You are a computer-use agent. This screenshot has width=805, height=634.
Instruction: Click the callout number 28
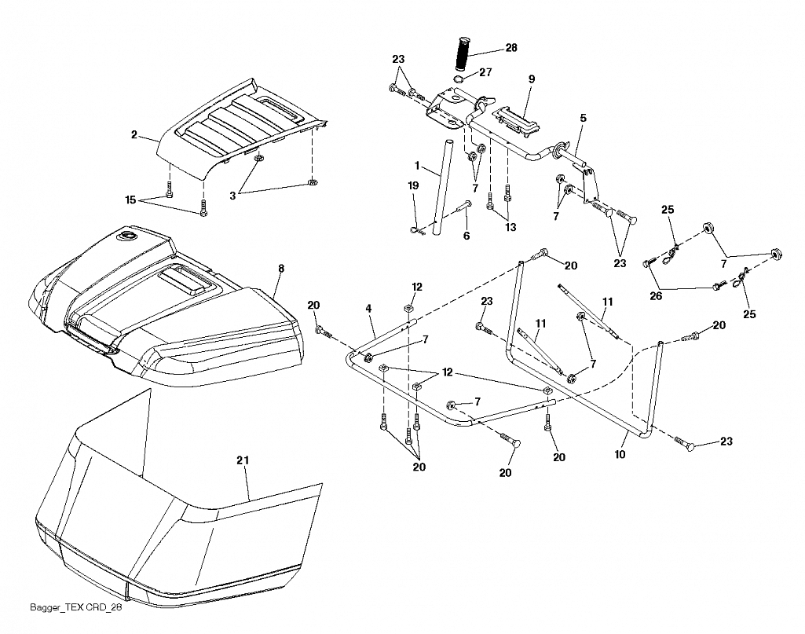pyautogui.click(x=511, y=48)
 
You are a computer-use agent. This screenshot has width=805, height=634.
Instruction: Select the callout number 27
pyautogui.click(x=485, y=72)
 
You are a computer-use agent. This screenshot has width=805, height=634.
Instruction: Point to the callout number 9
pyautogui.click(x=532, y=79)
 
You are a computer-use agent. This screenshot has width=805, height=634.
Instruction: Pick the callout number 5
pyautogui.click(x=583, y=118)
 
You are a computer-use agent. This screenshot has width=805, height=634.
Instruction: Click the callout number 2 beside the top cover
pyautogui.click(x=134, y=135)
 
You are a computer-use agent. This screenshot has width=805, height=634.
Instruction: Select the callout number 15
pyautogui.click(x=131, y=200)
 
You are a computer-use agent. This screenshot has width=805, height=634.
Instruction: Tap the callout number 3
pyautogui.click(x=232, y=196)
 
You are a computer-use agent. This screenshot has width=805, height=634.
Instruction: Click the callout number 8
pyautogui.click(x=281, y=269)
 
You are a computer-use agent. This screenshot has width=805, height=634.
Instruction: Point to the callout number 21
pyautogui.click(x=243, y=460)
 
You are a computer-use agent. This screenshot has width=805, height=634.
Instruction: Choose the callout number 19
pyautogui.click(x=413, y=185)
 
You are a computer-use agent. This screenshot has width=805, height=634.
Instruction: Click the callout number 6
pyautogui.click(x=467, y=236)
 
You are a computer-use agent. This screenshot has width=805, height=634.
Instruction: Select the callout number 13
pyautogui.click(x=510, y=227)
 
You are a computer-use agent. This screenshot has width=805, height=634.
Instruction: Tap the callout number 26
pyautogui.click(x=656, y=296)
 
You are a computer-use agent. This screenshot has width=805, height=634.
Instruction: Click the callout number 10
pyautogui.click(x=620, y=454)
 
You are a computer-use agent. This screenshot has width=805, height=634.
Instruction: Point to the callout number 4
pyautogui.click(x=368, y=309)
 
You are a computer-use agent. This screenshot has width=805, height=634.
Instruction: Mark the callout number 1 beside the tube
pyautogui.click(x=417, y=166)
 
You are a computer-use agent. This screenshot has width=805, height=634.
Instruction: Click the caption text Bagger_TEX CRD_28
pyautogui.click(x=76, y=608)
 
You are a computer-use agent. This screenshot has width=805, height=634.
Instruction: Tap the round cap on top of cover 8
pyautogui.click(x=126, y=236)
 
